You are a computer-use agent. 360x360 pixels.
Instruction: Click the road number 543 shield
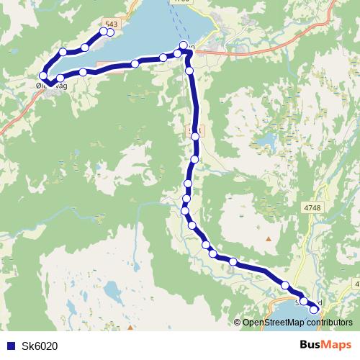coord(110,24)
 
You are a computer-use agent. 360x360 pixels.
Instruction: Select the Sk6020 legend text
coord(40,346)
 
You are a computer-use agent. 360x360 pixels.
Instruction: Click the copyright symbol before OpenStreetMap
coord(238,323)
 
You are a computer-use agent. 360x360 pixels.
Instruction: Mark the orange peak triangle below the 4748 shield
coord(269,238)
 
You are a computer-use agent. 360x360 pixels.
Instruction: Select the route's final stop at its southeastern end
coord(314,309)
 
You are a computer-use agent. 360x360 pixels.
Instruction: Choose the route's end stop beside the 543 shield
coord(110,32)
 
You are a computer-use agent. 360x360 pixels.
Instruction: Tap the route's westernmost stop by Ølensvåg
coord(43,76)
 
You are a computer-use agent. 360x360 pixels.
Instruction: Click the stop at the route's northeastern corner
coord(183,47)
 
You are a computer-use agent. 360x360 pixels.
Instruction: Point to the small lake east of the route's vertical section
coord(267,138)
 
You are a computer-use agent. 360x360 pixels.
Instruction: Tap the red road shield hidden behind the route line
coord(193,132)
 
